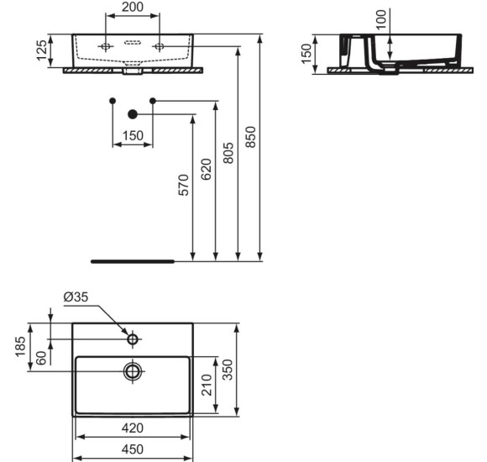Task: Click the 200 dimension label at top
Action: tap(131, 8)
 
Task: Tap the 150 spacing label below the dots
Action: tap(133, 135)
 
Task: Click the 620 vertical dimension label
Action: tap(207, 170)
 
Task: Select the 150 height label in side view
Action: tap(306, 53)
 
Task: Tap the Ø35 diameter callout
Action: tap(76, 297)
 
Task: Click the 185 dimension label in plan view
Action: tap(21, 346)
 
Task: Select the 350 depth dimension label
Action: tap(226, 369)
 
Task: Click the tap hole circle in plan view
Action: tap(132, 339)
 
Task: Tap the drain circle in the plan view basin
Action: tap(132, 370)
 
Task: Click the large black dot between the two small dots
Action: tap(132, 113)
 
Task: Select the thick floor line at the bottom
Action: tap(132, 261)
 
